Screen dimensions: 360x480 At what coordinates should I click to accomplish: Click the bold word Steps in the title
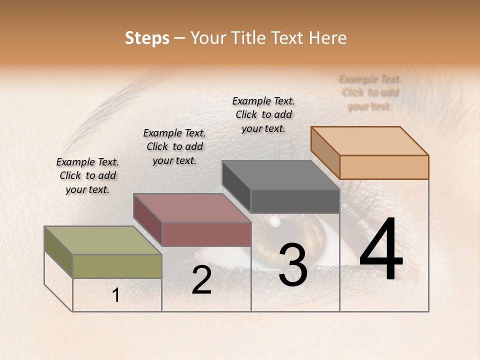[147, 38]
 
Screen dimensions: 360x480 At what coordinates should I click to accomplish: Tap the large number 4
[381, 250]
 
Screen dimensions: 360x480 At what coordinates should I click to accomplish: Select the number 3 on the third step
[292, 265]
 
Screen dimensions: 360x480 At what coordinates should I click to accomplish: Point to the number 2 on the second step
[201, 280]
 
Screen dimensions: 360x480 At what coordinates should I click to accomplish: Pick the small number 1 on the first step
[116, 295]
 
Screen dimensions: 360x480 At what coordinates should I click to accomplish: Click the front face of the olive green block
[117, 266]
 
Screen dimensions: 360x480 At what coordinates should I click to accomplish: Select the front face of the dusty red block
[206, 234]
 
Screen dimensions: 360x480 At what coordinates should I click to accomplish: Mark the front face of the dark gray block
[295, 201]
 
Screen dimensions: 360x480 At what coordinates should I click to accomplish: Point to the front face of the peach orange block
[384, 167]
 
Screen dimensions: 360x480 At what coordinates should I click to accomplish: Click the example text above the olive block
[87, 176]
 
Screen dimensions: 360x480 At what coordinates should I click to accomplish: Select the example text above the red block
[174, 146]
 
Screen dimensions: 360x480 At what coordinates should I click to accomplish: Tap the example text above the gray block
[263, 114]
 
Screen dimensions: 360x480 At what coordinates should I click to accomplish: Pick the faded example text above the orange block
[370, 92]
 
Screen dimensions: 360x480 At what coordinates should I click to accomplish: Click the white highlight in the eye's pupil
[274, 220]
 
